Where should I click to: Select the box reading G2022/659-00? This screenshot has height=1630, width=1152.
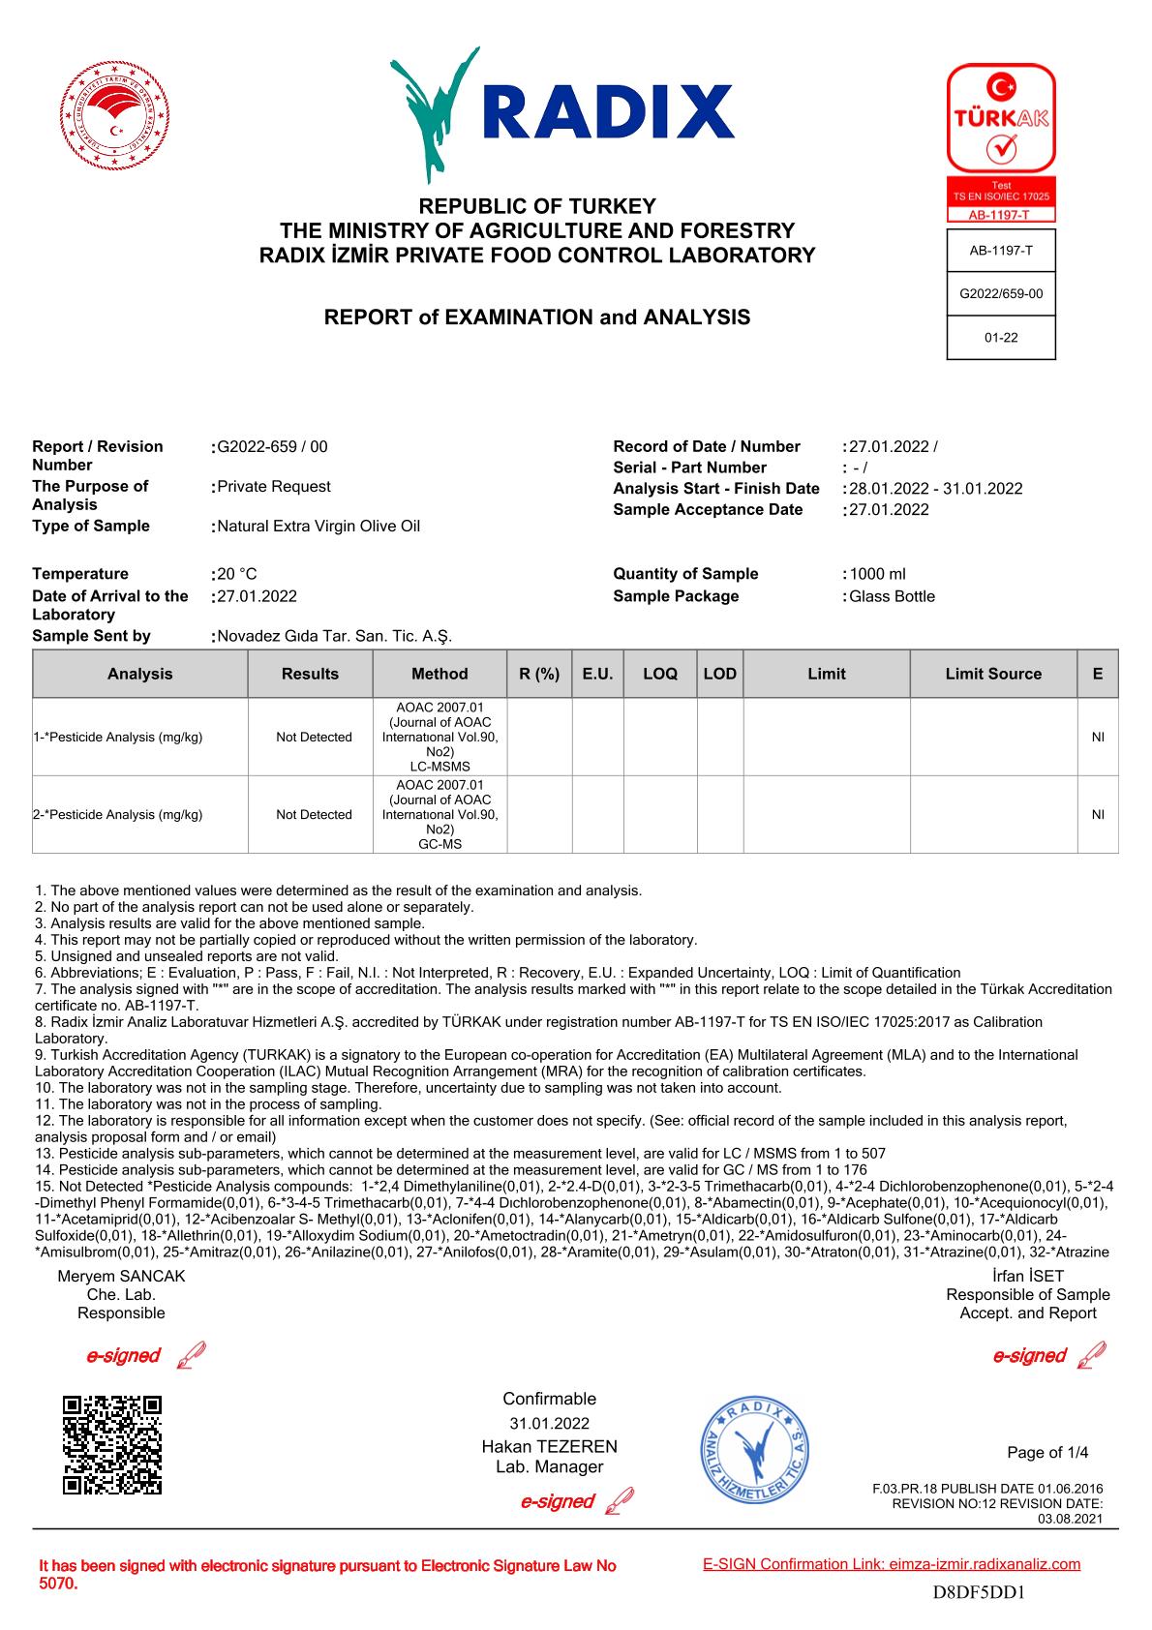click(x=1001, y=294)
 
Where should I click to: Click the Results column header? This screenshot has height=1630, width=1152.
click(x=310, y=674)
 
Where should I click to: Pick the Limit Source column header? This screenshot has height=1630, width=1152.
click(x=993, y=674)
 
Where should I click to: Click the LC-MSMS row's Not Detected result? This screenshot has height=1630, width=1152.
click(x=314, y=738)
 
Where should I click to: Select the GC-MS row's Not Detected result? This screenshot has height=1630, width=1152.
click(x=314, y=815)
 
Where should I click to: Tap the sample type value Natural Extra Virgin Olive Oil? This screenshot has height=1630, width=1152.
click(x=318, y=527)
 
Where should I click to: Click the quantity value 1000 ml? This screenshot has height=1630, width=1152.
click(x=877, y=574)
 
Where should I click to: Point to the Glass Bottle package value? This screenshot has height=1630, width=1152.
click(x=892, y=596)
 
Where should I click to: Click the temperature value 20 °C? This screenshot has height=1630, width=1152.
click(x=237, y=574)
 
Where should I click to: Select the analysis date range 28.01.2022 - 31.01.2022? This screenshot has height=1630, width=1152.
click(x=935, y=489)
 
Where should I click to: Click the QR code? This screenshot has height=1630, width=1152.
click(x=111, y=1445)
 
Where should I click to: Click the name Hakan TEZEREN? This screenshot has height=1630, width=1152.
click(x=549, y=1447)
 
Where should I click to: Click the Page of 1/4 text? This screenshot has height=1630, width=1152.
click(x=1047, y=1452)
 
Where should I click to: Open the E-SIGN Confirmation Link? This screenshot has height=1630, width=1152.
click(x=891, y=1564)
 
